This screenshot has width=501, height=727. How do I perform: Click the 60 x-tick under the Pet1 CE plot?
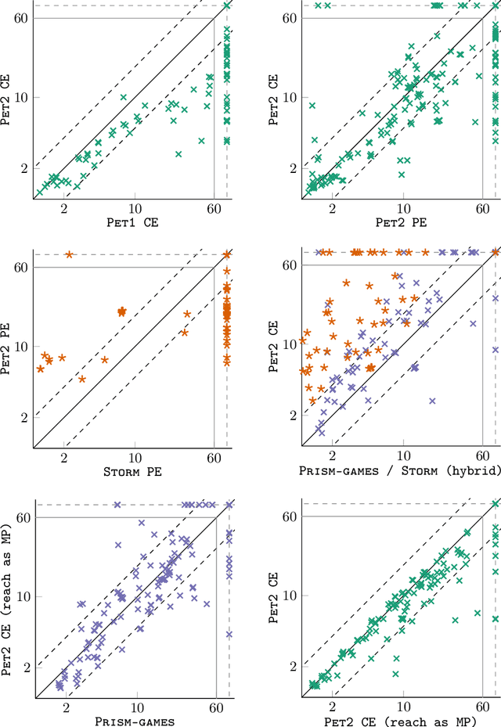click(x=214, y=209)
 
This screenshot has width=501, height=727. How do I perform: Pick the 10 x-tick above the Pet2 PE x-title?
click(x=404, y=209)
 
